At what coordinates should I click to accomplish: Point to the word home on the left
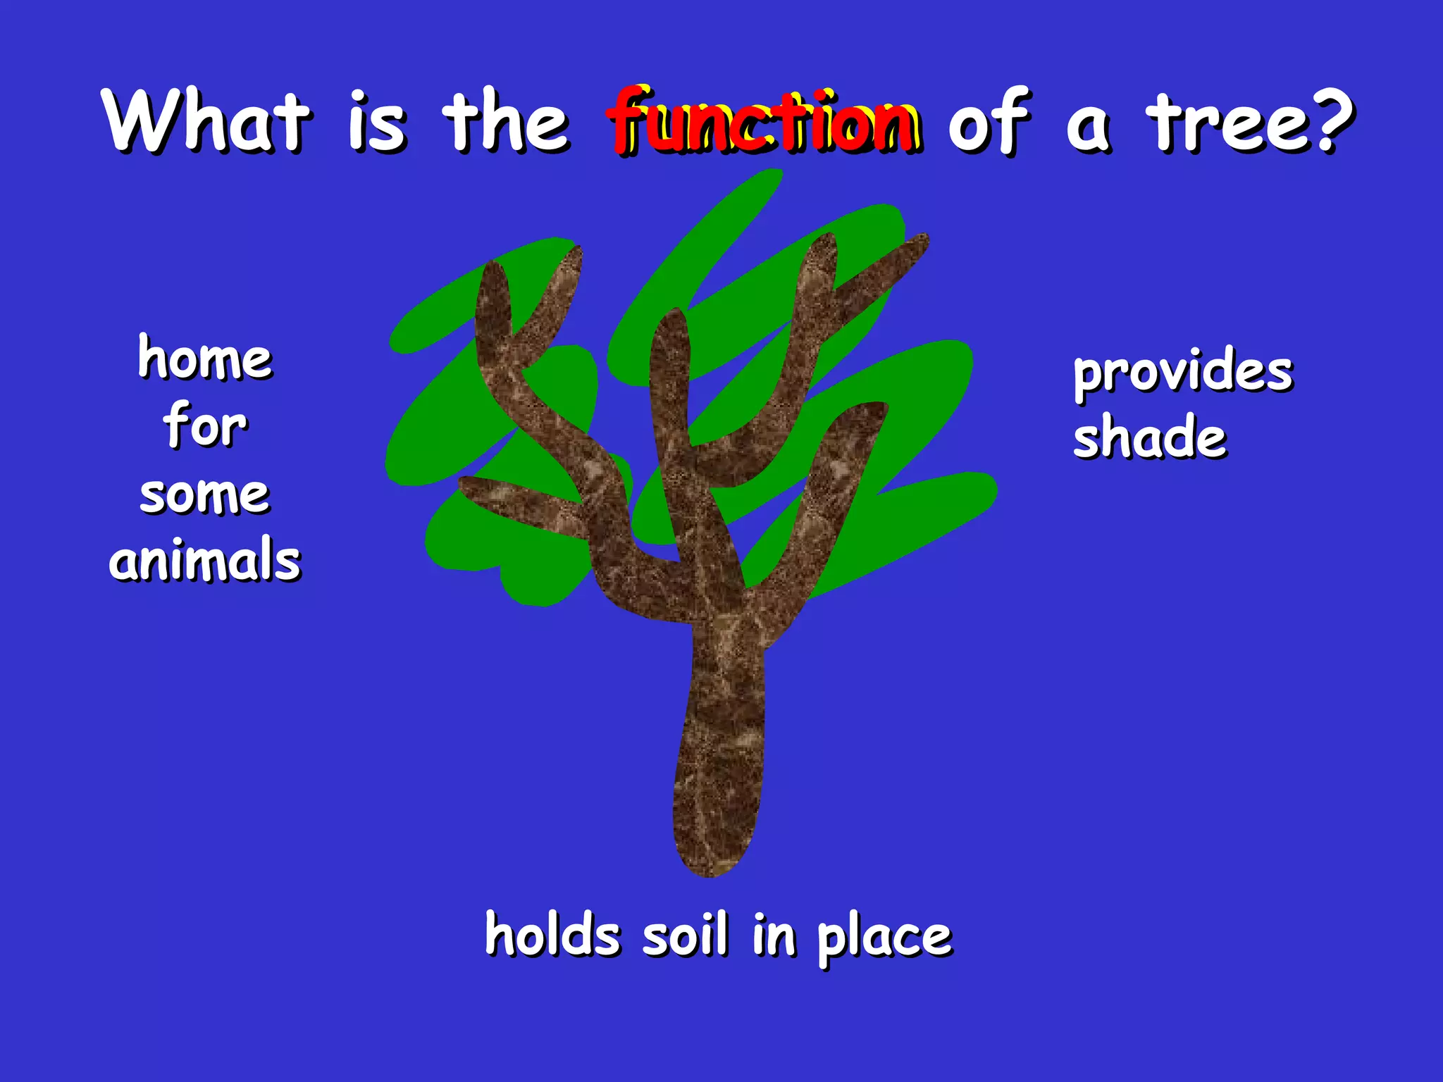pos(205,358)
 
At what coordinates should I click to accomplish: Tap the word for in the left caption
pos(205,425)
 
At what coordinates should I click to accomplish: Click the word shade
pos(1150,437)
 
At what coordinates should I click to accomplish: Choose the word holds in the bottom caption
pos(552,935)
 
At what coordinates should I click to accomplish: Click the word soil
pos(684,935)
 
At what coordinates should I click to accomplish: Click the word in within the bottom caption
pos(774,935)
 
